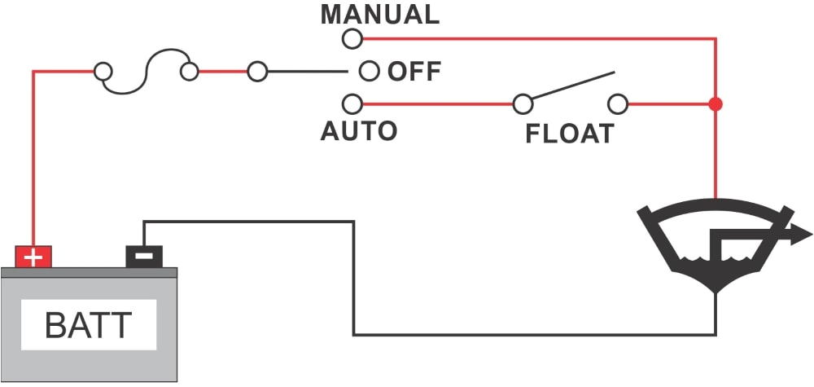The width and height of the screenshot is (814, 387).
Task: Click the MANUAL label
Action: (379, 14)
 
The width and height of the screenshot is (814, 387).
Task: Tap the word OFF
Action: (414, 71)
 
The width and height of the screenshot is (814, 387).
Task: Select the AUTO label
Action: (359, 130)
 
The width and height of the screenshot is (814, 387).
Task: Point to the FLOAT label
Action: (569, 133)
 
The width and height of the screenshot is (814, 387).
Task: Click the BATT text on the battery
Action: (88, 326)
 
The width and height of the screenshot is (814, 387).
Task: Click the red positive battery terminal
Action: (33, 257)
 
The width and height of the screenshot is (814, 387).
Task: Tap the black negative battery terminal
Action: (143, 257)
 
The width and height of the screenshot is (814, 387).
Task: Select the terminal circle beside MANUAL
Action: (352, 37)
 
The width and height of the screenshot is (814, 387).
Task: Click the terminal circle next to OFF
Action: (370, 71)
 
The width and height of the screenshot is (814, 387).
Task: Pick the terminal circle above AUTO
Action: (352, 103)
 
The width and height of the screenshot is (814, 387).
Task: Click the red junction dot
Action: (716, 104)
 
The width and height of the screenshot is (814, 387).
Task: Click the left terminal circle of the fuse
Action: (103, 72)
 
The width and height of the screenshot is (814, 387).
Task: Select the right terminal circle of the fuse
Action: (190, 72)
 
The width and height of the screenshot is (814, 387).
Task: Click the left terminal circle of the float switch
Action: (523, 103)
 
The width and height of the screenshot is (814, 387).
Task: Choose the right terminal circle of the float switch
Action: (619, 103)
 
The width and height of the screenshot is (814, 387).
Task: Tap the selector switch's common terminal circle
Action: (257, 72)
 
